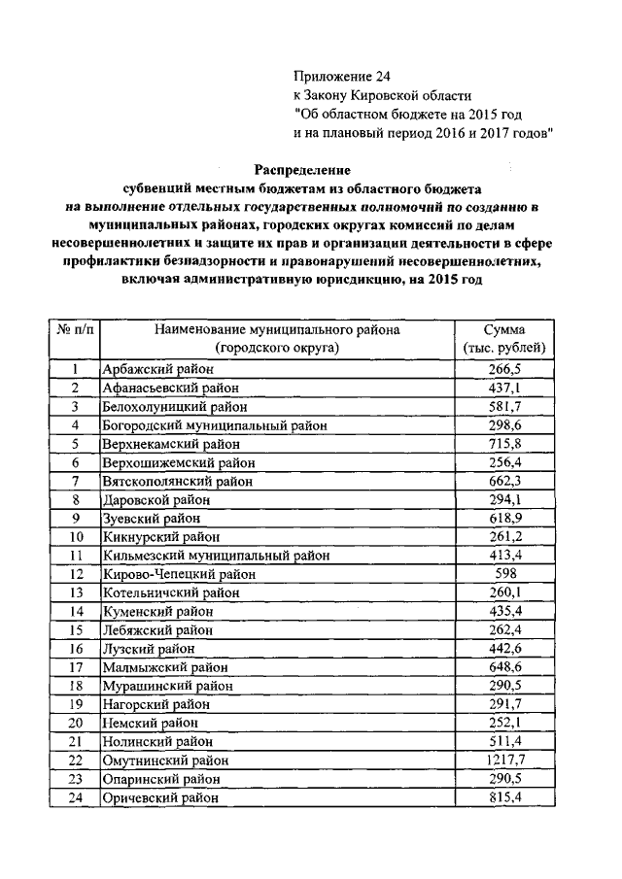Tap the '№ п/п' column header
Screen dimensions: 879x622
click(75, 330)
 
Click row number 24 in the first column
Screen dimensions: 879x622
click(75, 797)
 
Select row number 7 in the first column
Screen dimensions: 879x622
click(75, 481)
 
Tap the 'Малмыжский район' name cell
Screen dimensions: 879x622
click(157, 667)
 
